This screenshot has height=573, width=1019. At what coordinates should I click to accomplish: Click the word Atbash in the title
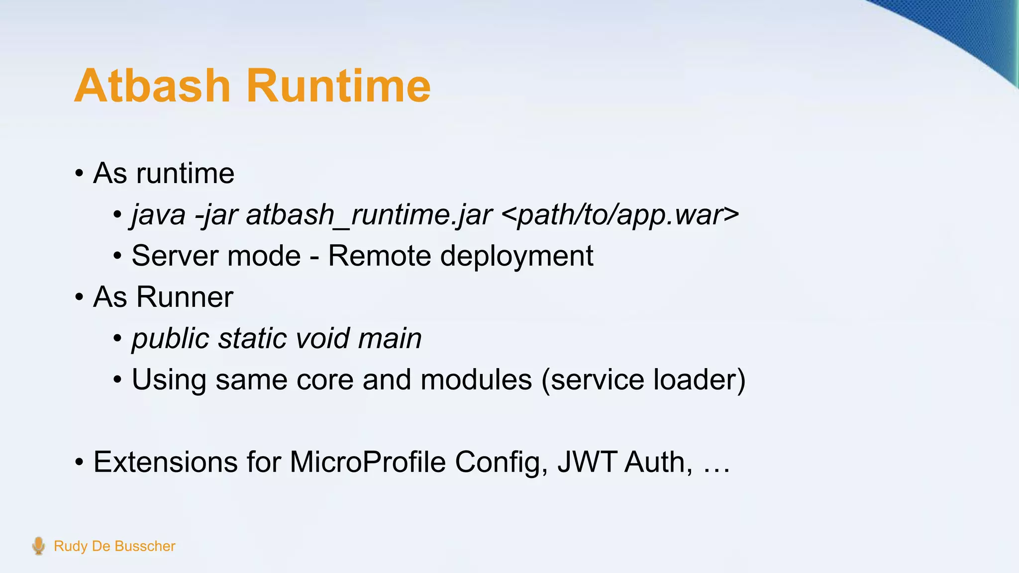pos(152,86)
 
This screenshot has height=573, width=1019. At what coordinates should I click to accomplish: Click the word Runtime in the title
pos(338,86)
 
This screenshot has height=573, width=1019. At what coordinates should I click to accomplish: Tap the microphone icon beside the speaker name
pos(38,546)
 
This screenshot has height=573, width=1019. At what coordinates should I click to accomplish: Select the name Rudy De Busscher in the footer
pos(114,546)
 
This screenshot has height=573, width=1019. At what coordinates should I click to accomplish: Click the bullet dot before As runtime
pos(79,174)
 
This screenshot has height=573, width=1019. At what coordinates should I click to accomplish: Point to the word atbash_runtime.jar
pos(369,215)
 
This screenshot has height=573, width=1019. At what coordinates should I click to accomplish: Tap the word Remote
pos(380,256)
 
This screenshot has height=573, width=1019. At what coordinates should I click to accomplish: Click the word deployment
pos(517,257)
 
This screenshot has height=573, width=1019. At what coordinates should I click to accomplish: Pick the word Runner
pos(185,297)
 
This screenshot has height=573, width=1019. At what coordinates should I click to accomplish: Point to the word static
pos(252,338)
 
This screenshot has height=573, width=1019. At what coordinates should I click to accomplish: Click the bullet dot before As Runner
pos(79,297)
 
